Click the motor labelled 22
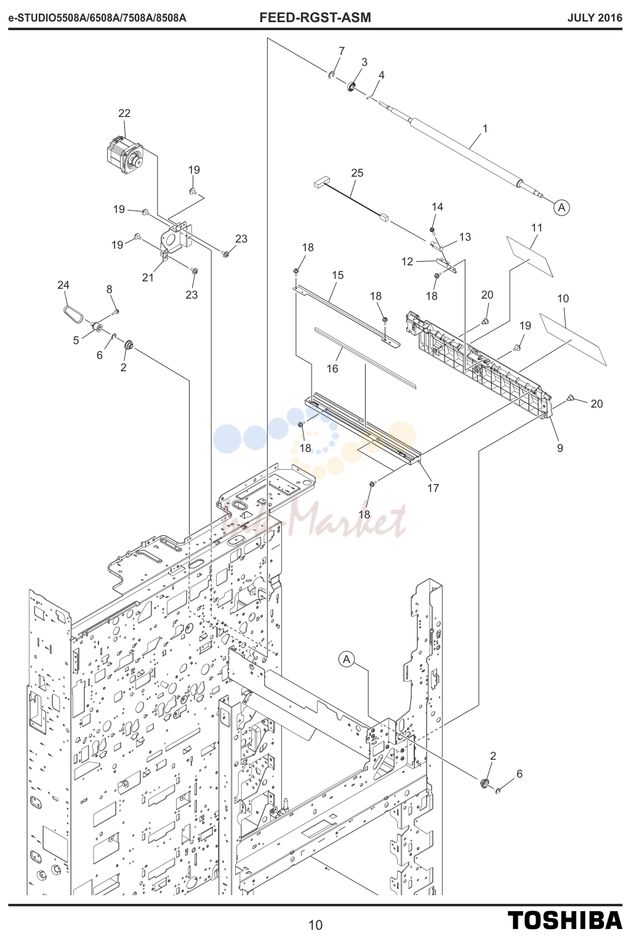click(124, 155)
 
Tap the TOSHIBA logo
click(565, 920)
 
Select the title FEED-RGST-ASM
click(315, 18)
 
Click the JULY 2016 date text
click(595, 18)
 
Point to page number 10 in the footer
click(316, 925)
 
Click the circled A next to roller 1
click(561, 207)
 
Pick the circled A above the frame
click(347, 659)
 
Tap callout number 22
click(124, 113)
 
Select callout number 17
click(433, 488)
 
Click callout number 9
click(560, 448)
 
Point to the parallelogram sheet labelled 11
click(529, 256)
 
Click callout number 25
click(357, 173)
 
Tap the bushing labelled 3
click(350, 87)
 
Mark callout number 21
click(148, 278)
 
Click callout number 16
click(332, 369)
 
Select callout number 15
click(337, 275)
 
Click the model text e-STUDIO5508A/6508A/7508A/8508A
click(97, 18)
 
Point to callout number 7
click(342, 51)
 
